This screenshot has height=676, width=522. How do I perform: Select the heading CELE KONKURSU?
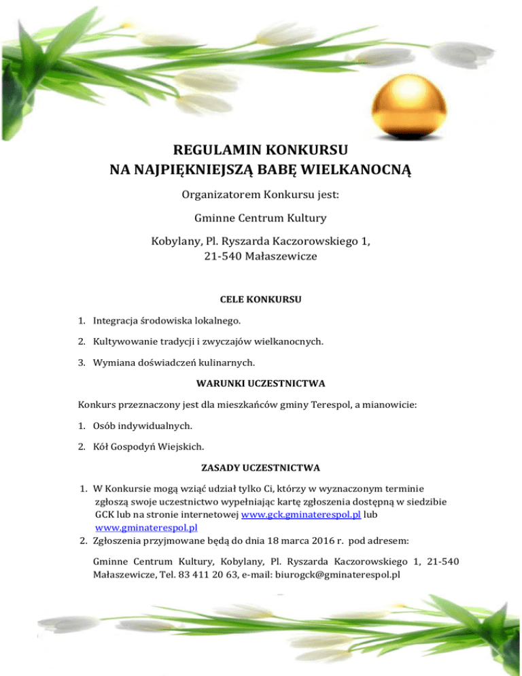click(x=261, y=299)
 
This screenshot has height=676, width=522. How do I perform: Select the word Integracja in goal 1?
click(x=117, y=318)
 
